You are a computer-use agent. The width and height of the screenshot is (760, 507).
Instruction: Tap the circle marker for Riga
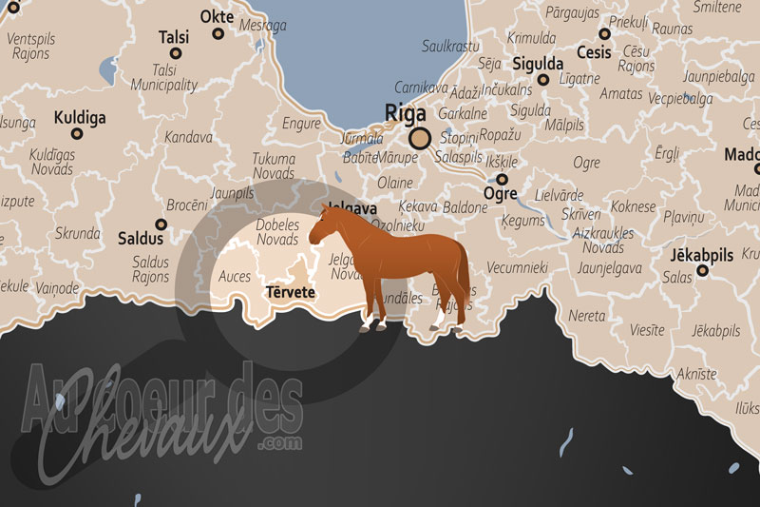click(421, 137)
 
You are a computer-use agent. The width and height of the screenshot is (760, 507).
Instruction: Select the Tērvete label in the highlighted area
click(290, 292)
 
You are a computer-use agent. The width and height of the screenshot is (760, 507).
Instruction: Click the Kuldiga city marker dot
click(77, 134)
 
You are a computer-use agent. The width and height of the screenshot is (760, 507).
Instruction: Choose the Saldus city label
click(141, 239)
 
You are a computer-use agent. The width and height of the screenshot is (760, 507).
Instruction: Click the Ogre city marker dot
click(503, 179)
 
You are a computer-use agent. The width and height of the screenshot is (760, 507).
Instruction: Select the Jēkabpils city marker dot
click(703, 271)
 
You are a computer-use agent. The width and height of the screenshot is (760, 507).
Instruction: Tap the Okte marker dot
click(218, 34)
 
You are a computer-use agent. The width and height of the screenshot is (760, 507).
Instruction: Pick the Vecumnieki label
click(518, 268)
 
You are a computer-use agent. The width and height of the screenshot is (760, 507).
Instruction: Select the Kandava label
click(188, 137)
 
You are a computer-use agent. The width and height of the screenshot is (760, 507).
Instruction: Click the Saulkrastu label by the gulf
click(450, 45)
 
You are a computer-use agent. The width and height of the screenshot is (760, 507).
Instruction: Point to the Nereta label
click(587, 315)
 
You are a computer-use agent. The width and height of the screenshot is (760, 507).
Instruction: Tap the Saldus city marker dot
click(161, 225)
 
